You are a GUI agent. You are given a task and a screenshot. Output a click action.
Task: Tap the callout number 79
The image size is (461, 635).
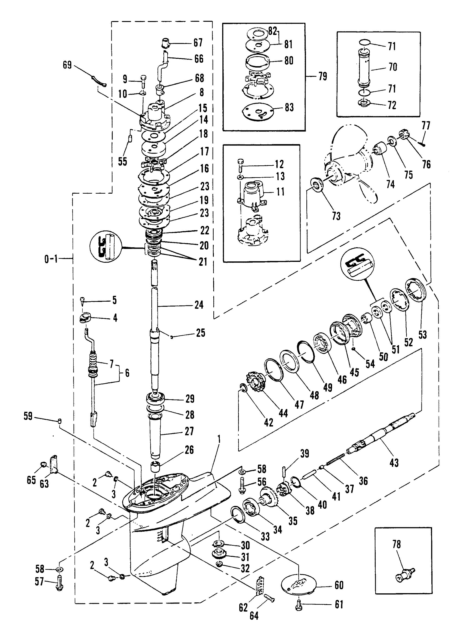[x=323, y=76]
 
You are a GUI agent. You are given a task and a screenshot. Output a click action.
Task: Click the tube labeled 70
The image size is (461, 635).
[x=365, y=67]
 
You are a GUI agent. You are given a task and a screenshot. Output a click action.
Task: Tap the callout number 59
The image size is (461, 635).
[x=28, y=416]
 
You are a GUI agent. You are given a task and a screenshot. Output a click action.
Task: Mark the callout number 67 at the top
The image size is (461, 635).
[x=198, y=43]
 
